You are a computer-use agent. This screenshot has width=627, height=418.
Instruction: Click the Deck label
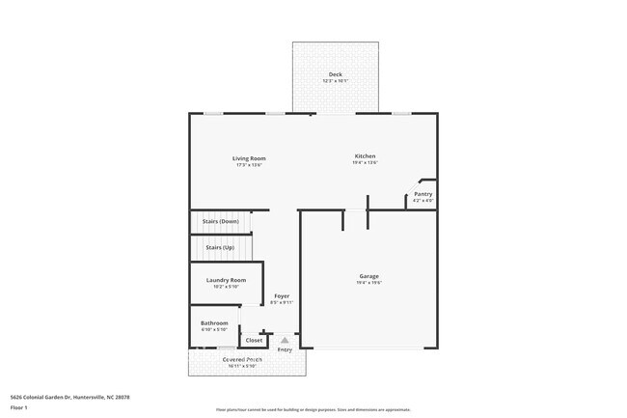click(335, 74)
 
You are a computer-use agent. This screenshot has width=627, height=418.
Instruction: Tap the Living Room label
click(249, 158)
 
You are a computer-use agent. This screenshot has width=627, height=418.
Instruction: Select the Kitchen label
click(365, 156)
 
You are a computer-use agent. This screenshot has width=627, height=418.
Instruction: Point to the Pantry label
click(423, 194)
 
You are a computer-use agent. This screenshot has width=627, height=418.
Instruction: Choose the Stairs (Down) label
click(221, 221)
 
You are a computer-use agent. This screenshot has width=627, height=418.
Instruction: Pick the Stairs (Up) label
click(220, 248)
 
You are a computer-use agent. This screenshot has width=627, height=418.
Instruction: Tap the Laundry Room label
click(226, 280)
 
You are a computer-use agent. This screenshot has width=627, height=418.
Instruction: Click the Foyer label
click(282, 295)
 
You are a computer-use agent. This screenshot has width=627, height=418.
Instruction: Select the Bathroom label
click(214, 322)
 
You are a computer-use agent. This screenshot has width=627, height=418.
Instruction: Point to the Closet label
click(255, 340)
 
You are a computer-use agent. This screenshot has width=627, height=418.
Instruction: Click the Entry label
click(285, 349)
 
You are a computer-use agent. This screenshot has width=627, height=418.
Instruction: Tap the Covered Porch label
click(242, 359)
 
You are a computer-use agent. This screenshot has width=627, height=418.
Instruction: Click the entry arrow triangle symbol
click(285, 340)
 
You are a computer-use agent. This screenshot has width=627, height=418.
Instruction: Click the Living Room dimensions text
click(249, 165)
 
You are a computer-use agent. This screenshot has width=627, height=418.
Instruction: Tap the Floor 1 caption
click(19, 406)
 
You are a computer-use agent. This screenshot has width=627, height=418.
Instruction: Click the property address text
click(69, 396)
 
